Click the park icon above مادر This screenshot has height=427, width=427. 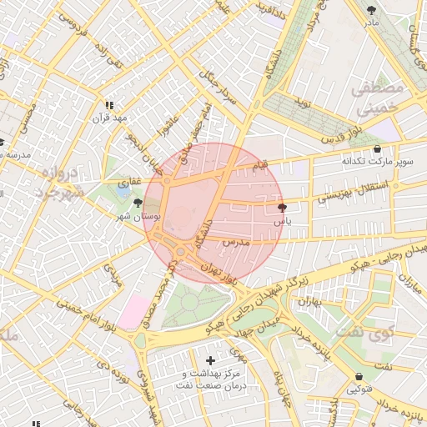point(371,10)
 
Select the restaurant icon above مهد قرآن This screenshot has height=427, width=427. point(108,106)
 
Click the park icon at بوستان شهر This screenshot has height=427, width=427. point(137,203)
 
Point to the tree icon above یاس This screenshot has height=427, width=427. point(282,208)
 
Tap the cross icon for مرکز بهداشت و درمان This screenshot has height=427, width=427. point(209,360)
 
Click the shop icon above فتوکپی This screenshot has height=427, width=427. point(359,377)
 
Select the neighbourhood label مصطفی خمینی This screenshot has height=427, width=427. point(377,98)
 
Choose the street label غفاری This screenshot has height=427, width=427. point(132,181)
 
